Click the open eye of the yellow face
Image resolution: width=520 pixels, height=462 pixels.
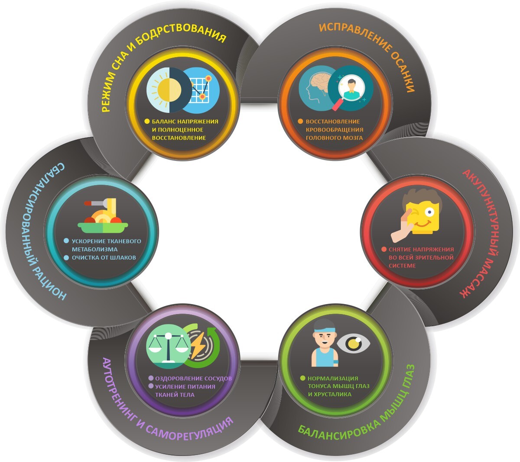[429, 212]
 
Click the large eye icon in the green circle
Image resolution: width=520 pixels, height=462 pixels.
[354, 343]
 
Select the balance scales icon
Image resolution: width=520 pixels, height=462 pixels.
[168, 348]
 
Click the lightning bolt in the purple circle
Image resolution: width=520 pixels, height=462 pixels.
[198, 345]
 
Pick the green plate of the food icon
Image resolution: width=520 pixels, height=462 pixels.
[103, 227]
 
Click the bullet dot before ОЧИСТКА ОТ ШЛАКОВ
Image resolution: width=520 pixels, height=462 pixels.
[66, 257]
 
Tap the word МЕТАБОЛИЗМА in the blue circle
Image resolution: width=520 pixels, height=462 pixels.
[95, 249]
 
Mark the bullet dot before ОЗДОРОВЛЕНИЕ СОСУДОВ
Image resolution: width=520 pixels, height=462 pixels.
[151, 378]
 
